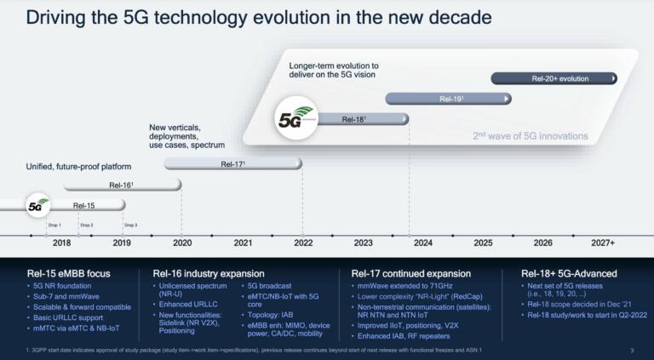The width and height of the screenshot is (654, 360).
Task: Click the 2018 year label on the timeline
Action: point(61,243)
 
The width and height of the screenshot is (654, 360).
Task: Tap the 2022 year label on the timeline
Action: point(304,243)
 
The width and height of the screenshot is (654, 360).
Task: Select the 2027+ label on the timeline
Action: point(603,243)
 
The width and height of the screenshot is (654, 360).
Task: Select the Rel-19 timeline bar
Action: point(449,100)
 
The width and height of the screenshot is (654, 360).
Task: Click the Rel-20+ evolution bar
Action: point(554,79)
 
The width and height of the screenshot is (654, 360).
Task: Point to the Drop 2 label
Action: point(86,225)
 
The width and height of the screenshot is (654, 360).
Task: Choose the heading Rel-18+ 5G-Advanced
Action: point(569,274)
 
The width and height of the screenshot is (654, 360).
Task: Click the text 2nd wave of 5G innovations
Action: point(530,136)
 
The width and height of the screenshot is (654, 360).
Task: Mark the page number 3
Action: point(631,351)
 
